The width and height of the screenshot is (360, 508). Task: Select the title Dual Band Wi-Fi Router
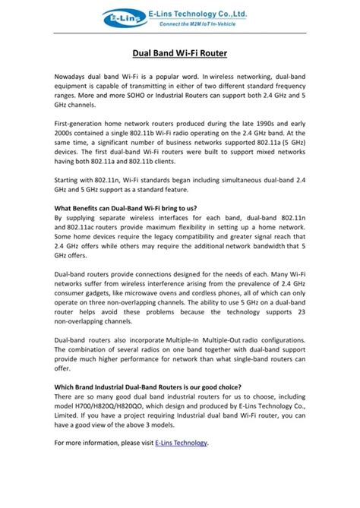[x=179, y=55]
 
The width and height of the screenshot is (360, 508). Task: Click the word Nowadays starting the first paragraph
[x=73, y=79]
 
